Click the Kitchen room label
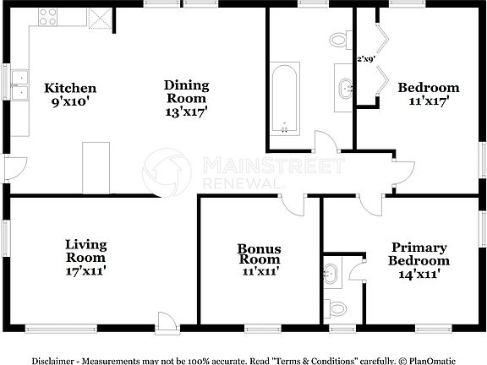tap(70, 88)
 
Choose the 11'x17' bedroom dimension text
tap(429, 101)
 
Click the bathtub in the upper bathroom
tap(285, 99)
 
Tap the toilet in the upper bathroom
tap(339, 39)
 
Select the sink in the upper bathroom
tap(345, 87)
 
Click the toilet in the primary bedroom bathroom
tap(336, 306)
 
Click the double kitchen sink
tap(21, 87)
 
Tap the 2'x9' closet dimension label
tap(366, 59)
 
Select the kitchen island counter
tap(96, 167)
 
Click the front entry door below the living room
tap(167, 321)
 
